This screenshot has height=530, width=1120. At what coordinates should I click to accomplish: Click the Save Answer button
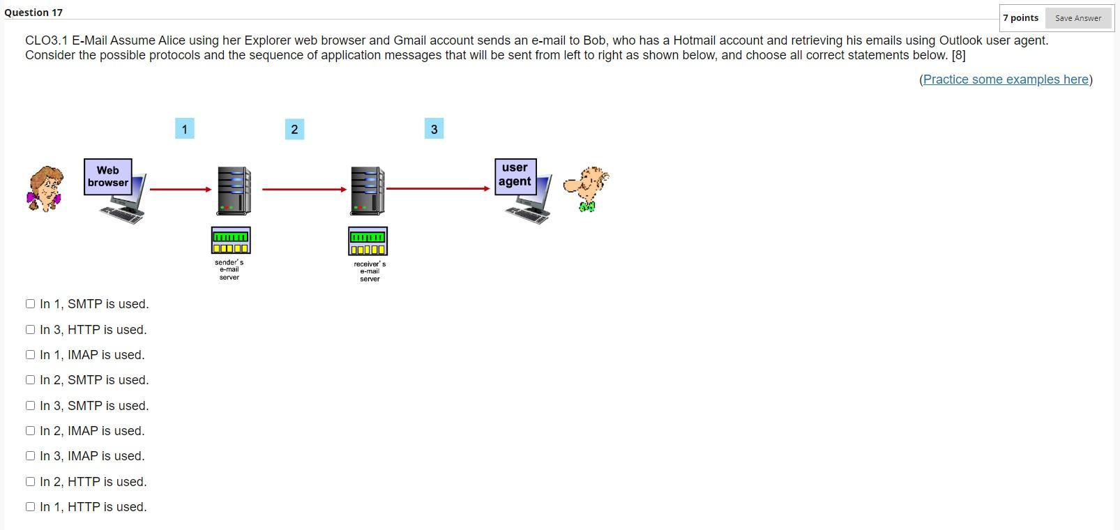point(1077,18)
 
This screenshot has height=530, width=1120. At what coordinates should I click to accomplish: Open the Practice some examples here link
point(1006,79)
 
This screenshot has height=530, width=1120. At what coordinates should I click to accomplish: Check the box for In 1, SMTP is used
point(30,304)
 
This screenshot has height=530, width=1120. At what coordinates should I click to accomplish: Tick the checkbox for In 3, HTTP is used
point(30,330)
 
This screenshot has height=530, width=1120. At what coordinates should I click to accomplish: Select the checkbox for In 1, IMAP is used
point(30,355)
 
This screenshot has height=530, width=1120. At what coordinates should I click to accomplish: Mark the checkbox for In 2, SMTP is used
point(30,380)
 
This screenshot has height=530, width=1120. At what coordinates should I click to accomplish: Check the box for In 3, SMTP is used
point(30,406)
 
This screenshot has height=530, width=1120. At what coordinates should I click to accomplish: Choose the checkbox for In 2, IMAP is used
point(30,431)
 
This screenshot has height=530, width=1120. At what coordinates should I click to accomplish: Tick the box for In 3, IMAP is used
point(30,456)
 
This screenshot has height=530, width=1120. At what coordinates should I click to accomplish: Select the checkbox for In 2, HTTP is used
point(30,482)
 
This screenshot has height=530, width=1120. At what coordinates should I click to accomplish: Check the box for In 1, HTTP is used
point(30,507)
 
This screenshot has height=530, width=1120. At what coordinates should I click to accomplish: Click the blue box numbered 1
point(184,129)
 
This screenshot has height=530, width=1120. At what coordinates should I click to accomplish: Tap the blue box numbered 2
point(294,129)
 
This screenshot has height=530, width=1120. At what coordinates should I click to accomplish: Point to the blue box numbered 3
point(434,129)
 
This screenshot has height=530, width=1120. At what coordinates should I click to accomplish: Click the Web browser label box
point(108,176)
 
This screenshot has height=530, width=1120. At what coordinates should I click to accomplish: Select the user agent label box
point(515,175)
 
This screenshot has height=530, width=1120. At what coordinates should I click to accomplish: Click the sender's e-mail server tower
point(234,190)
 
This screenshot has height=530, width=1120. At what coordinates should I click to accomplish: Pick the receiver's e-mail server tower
point(367,190)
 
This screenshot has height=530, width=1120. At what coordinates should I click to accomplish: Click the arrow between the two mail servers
point(304,189)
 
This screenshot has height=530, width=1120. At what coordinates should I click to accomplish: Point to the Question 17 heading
point(33,13)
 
